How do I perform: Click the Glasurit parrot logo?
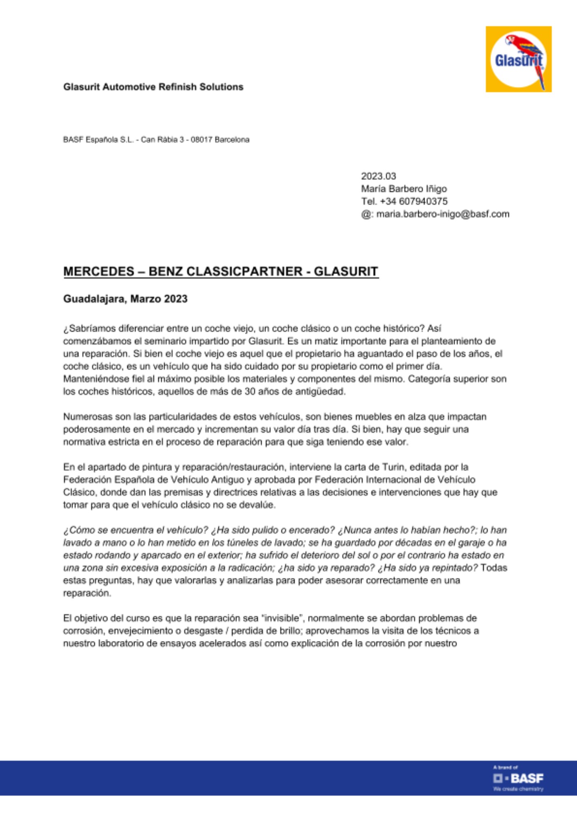518,59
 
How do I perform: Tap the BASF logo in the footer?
518,778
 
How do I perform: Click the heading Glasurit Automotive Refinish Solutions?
153,87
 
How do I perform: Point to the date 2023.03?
378,176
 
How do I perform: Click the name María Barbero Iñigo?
404,189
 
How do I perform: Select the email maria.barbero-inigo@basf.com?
443,214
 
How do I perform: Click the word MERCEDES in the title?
99,271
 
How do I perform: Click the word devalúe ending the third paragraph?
260,505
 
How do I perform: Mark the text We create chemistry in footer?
518,789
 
